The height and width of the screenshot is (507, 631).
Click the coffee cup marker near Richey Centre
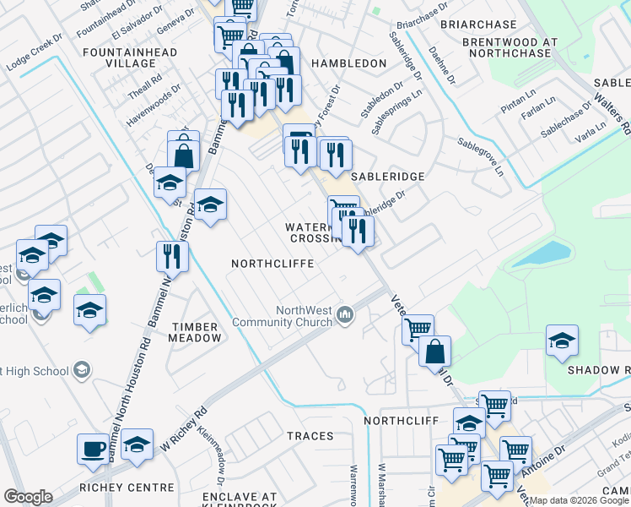(x=94, y=447)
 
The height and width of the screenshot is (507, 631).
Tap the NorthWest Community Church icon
(x=344, y=315)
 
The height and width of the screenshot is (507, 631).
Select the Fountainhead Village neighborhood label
(x=130, y=58)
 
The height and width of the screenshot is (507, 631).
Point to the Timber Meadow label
(x=196, y=332)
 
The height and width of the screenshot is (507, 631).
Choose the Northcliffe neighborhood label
(x=272, y=264)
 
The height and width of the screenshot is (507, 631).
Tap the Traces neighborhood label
(x=311, y=435)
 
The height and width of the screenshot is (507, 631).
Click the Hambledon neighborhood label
(x=348, y=63)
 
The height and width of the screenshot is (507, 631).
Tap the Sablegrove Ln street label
(x=480, y=157)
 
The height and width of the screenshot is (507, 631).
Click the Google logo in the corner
(x=29, y=497)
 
